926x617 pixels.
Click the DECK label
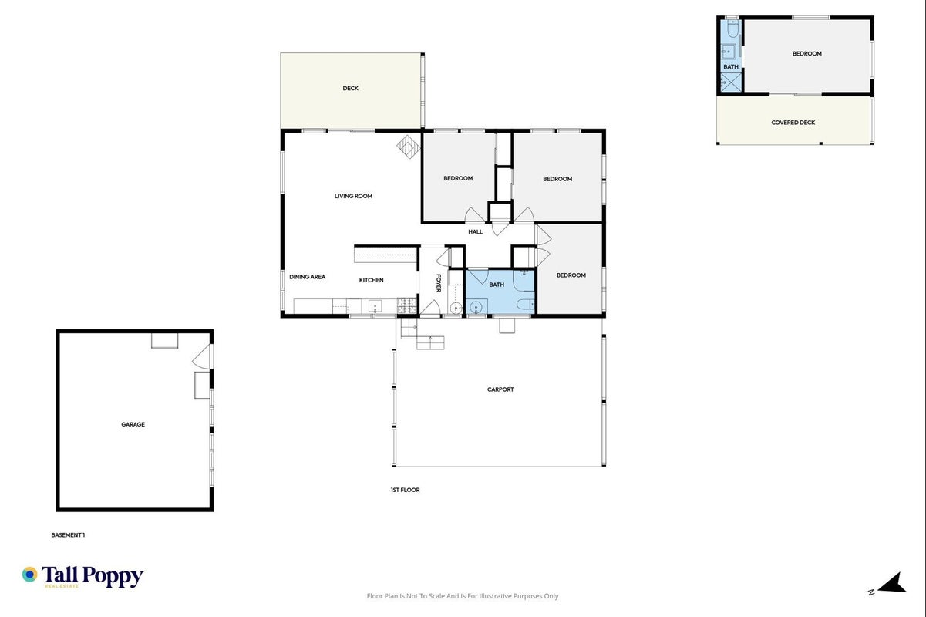click(x=351, y=88)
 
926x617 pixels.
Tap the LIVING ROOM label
click(x=353, y=196)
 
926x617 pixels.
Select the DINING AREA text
click(x=307, y=277)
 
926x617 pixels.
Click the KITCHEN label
click(x=371, y=280)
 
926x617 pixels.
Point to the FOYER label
click(x=439, y=283)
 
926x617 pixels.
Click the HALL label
click(x=476, y=231)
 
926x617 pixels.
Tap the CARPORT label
click(x=500, y=389)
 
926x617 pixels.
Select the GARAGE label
click(x=133, y=424)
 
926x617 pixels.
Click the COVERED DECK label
click(x=793, y=123)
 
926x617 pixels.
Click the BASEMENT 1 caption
click(x=68, y=534)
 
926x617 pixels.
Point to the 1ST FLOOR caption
click(x=405, y=490)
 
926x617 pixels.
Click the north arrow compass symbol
click(x=892, y=584)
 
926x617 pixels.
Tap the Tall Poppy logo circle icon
click(x=30, y=575)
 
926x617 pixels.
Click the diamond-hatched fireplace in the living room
click(x=409, y=147)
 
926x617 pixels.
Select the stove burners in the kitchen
click(x=407, y=305)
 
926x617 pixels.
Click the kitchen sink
click(x=375, y=306)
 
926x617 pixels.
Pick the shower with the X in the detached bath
click(x=731, y=83)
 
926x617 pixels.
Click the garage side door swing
click(x=202, y=356)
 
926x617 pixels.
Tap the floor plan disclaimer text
click(x=463, y=596)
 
